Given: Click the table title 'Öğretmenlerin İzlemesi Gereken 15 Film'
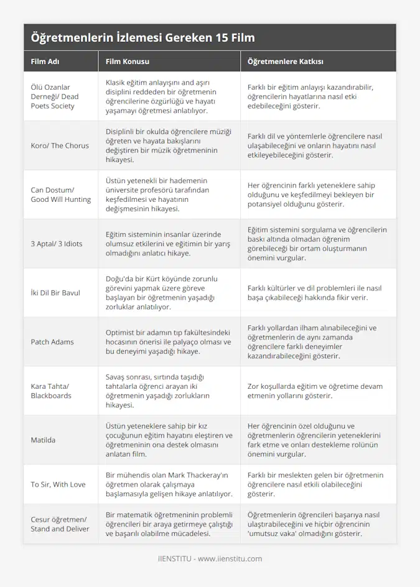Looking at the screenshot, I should click(142, 37).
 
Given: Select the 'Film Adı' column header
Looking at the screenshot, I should click(45, 62).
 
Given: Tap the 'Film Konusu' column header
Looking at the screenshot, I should click(128, 62).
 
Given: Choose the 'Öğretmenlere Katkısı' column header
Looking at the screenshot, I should click(285, 62).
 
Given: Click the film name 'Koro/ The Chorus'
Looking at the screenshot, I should click(60, 146).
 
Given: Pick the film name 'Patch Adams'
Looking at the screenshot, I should click(52, 341).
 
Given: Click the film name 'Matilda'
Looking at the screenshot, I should click(43, 440).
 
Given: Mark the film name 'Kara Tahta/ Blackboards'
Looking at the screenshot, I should click(51, 391).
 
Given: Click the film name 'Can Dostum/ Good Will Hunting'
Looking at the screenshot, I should click(60, 194).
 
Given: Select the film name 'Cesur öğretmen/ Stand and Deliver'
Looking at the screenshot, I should click(60, 524).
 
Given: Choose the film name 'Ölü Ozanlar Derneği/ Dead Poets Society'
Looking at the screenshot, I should click(55, 97).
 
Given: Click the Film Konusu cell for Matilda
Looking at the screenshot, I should click(169, 440).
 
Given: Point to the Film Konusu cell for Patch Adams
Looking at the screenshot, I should click(168, 341).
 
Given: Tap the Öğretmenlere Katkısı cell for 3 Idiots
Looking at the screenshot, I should click(317, 244).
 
